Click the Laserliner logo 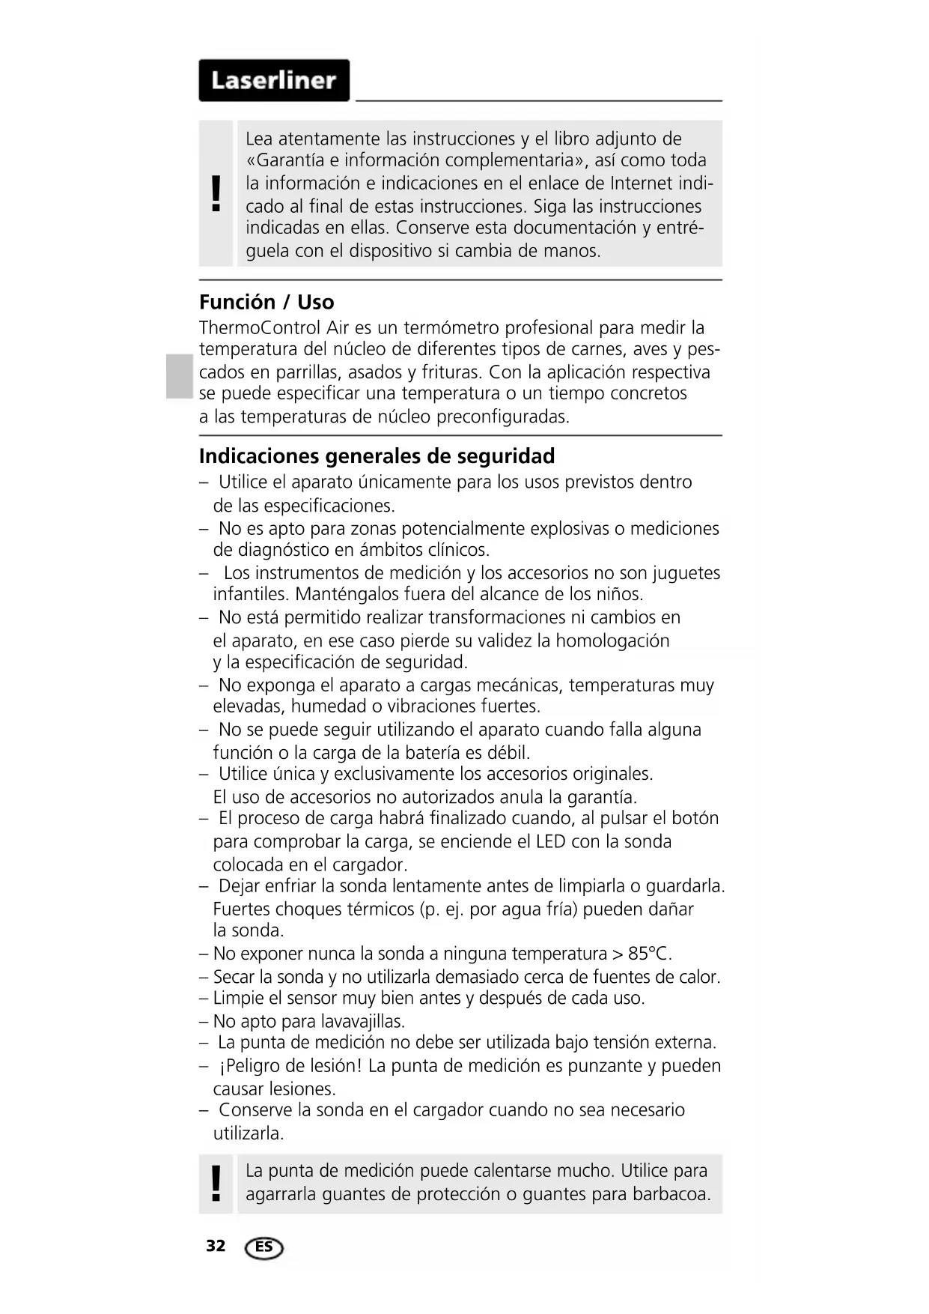click(x=274, y=80)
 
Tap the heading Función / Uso click(x=266, y=302)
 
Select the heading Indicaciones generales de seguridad click(x=377, y=456)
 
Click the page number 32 click(x=216, y=1246)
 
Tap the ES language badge click(x=264, y=1247)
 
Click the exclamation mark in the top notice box click(x=216, y=193)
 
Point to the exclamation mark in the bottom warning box click(x=216, y=1184)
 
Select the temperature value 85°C click(x=648, y=954)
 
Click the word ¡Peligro click(x=250, y=1066)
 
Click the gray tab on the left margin click(x=180, y=376)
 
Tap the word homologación click(x=612, y=641)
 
